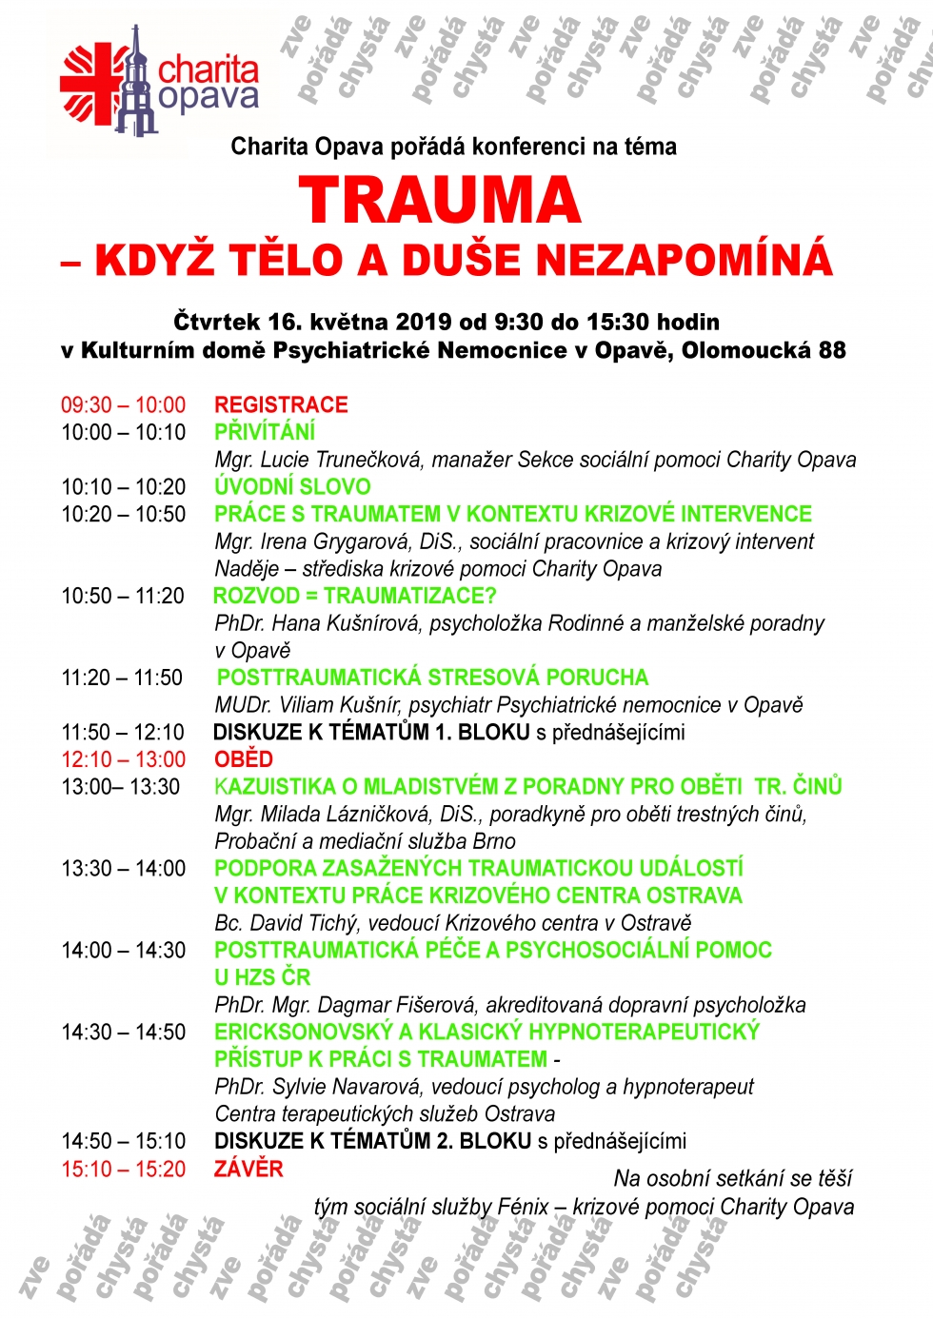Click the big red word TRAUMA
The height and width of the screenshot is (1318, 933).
(x=440, y=201)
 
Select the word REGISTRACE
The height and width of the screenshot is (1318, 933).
(x=281, y=404)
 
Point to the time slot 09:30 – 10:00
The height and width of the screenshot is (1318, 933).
(x=124, y=404)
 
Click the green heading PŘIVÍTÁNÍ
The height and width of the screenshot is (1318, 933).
(x=265, y=432)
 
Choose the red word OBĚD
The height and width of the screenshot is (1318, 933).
(x=244, y=759)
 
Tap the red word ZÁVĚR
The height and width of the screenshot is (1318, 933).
(x=248, y=1169)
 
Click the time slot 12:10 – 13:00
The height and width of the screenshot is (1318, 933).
(x=124, y=759)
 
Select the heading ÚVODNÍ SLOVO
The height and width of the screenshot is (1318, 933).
(x=292, y=486)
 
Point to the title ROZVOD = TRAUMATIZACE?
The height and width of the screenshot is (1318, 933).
(x=355, y=596)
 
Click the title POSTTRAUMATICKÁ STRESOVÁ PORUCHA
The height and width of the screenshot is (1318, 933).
(x=432, y=678)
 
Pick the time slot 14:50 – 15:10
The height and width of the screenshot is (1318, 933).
(x=124, y=1141)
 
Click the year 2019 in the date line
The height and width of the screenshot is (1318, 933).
(x=423, y=322)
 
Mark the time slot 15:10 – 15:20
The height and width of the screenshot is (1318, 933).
(x=124, y=1169)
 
